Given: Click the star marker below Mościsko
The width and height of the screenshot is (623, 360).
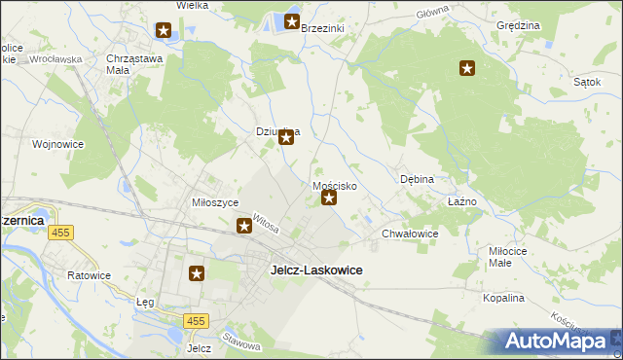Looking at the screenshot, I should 329,199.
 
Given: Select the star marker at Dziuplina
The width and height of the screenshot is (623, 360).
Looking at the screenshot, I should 286,137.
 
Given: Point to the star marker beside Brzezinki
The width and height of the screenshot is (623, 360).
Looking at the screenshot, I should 291,21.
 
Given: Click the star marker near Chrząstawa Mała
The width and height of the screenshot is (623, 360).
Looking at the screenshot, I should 164,30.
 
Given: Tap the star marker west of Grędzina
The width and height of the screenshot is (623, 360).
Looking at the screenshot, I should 467,68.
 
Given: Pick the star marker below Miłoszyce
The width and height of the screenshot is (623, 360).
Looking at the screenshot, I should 244,227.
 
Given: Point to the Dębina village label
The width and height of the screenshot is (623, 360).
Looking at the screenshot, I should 417,180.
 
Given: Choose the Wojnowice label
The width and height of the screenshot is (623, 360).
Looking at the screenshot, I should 57,144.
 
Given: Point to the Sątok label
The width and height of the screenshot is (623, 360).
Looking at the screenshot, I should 586,83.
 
